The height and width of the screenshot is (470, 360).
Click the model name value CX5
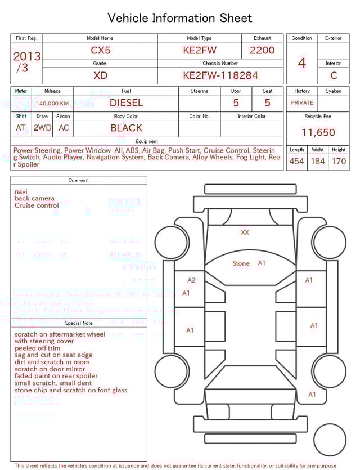coord(101,50)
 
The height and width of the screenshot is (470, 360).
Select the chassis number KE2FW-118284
coord(220,75)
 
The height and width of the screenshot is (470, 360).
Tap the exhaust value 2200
coord(262,50)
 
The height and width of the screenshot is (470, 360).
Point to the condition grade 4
coord(301,63)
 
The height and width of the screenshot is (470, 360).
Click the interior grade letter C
coord(334,75)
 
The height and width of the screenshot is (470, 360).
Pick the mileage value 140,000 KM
coord(52,104)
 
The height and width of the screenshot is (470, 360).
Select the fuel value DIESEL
coord(126,103)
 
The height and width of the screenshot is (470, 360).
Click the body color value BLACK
coord(126,128)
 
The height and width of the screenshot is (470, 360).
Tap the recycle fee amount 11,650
coord(318,133)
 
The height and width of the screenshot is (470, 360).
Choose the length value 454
coord(296,162)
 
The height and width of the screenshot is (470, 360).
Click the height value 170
coord(339,162)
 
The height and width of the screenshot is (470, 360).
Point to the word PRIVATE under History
coord(302,103)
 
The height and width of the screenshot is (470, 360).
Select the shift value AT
coord(21,128)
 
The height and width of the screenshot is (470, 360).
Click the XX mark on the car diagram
coord(245,232)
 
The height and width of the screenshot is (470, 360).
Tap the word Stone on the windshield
coord(241,263)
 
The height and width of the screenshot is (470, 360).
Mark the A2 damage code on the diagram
coord(191,280)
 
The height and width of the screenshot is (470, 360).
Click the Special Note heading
coord(79,323)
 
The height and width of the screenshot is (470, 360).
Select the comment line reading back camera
coord(34,199)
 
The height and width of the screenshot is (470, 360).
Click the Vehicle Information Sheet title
coord(180,18)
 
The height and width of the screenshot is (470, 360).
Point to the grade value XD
coord(101,75)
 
